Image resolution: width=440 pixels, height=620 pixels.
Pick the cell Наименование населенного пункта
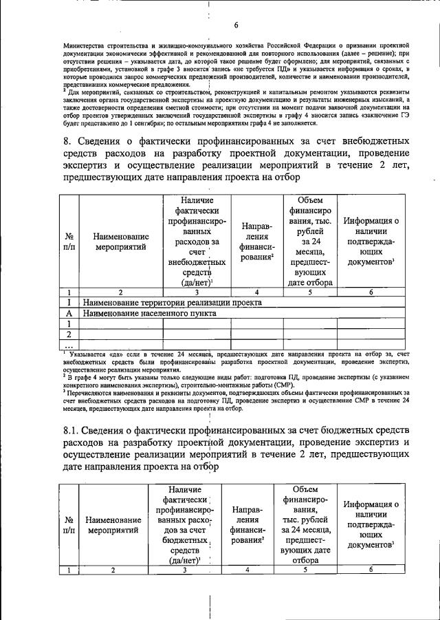pyautogui.click(x=149, y=312)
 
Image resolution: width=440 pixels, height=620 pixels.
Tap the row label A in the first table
pyautogui.click(x=69, y=312)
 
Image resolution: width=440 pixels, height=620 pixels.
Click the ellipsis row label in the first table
pyautogui.click(x=69, y=344)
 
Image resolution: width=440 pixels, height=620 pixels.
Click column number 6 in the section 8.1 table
pyautogui.click(x=370, y=569)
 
